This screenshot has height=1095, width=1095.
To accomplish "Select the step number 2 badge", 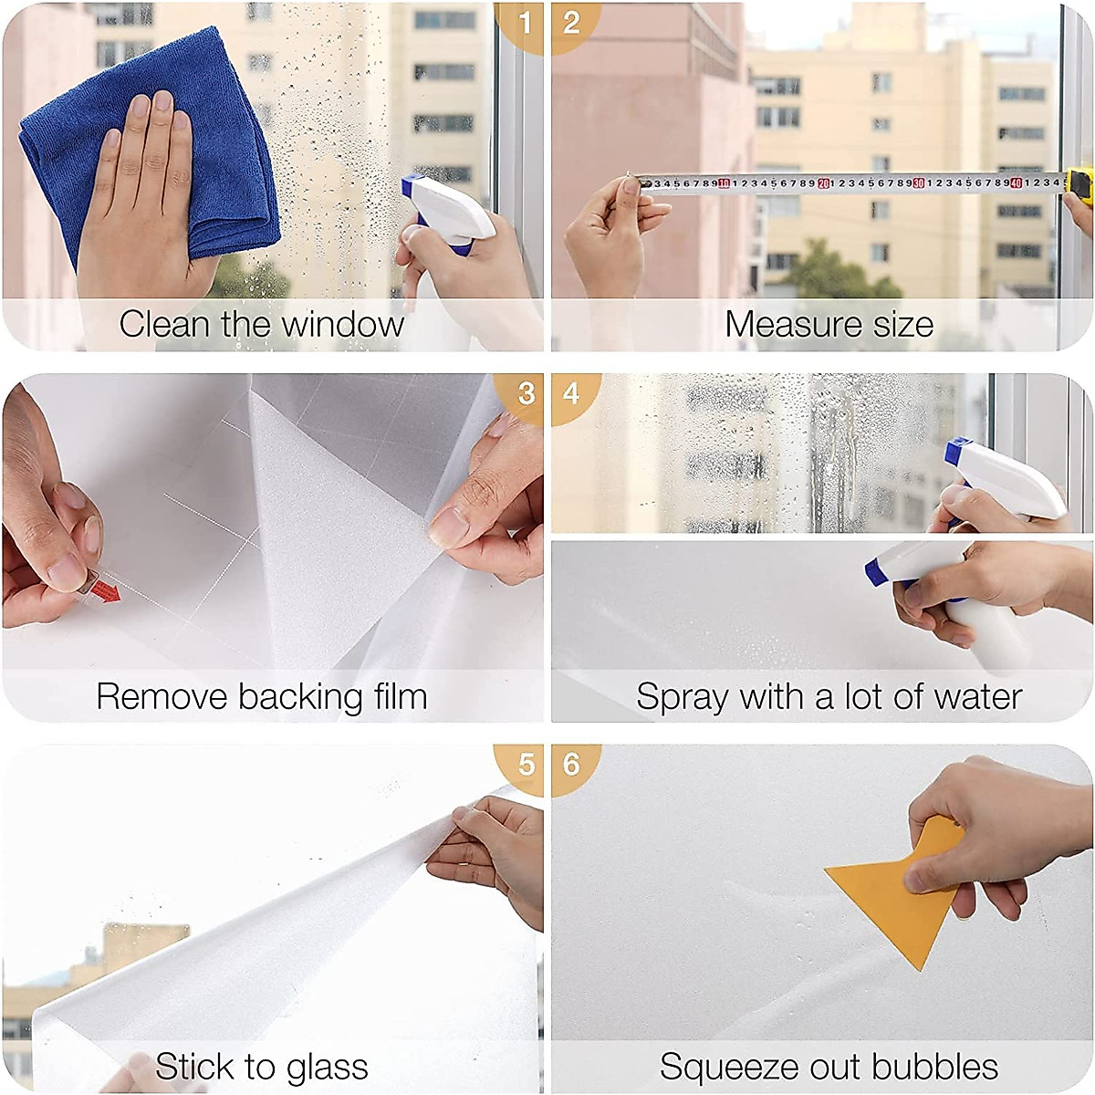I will (x=572, y=22).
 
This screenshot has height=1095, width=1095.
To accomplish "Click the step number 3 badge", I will (x=525, y=393).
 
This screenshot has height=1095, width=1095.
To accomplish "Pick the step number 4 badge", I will (x=572, y=393).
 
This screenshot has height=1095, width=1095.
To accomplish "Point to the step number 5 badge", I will (x=525, y=764).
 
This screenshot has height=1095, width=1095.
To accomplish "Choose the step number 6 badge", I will (x=572, y=764).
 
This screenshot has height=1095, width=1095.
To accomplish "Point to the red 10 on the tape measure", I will (x=724, y=183).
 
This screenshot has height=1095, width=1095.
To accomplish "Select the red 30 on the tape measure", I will (x=919, y=183).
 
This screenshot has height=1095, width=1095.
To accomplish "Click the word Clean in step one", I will (x=165, y=324).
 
